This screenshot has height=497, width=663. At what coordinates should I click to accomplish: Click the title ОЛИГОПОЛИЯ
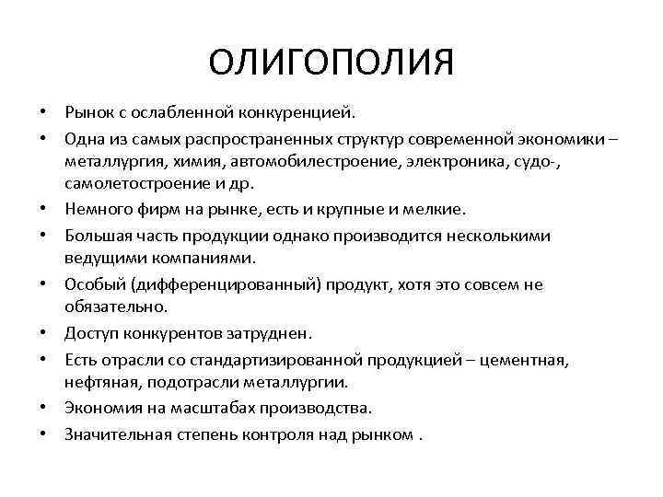pyautogui.click(x=331, y=64)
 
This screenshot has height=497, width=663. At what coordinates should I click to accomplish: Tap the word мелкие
pyautogui.click(x=441, y=210)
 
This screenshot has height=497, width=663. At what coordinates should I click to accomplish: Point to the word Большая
pyautogui.click(x=96, y=235)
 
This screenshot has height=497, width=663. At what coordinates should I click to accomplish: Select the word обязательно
pyautogui.click(x=116, y=308)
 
